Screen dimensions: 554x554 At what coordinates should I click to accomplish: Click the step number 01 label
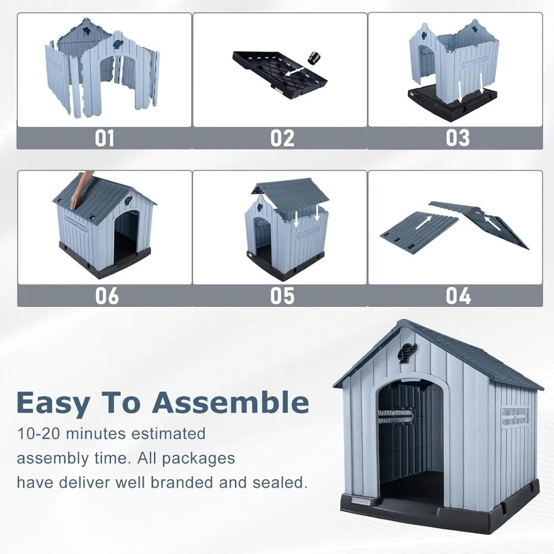(104, 138)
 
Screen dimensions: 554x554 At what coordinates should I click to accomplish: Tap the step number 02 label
(282, 138)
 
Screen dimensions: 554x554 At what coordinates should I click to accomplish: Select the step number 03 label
(458, 138)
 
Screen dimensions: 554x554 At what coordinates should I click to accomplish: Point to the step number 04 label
(458, 296)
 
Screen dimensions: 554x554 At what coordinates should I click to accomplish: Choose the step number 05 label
(282, 296)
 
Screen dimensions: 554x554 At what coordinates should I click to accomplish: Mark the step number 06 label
(106, 296)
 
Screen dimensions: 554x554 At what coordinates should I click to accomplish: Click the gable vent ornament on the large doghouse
(407, 353)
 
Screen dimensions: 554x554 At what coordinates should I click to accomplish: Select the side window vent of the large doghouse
(514, 417)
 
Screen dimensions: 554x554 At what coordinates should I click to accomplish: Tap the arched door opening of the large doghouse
(411, 438)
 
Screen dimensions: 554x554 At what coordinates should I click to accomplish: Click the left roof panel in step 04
(419, 232)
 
